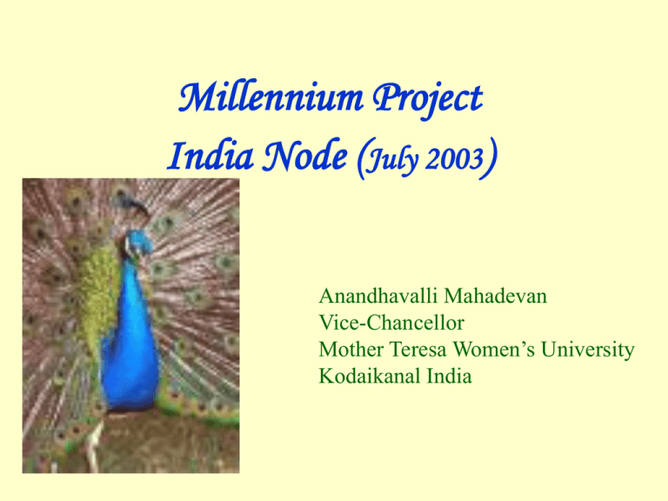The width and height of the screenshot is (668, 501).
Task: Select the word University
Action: point(592,350)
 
